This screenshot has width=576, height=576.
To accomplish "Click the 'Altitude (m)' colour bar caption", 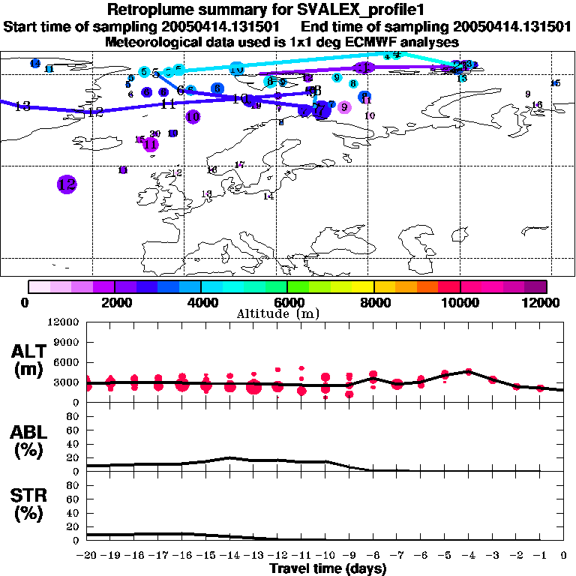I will [289, 313].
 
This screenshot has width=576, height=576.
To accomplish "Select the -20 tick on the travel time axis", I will [87, 556].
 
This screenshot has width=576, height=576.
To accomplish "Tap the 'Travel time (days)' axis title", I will [328, 569].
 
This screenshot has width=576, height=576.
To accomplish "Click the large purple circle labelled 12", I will [67, 184].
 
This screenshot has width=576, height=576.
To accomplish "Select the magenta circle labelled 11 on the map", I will [151, 144].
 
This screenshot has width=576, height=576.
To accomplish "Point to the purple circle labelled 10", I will [193, 116].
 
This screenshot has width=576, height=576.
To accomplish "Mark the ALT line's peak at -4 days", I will [469, 371].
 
